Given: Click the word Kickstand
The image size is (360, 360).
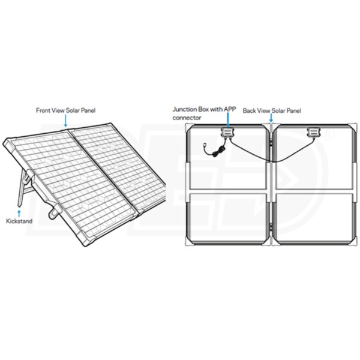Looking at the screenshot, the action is [19, 221].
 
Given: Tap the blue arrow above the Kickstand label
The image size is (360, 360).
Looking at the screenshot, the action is [19, 213].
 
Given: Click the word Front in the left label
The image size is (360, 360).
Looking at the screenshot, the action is [43, 110].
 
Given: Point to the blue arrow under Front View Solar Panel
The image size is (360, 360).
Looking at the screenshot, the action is [65, 121].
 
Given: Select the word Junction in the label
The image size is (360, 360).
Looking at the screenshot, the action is [184, 109].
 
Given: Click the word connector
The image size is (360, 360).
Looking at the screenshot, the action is [187, 118].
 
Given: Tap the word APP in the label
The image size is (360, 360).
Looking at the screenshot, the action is [230, 109].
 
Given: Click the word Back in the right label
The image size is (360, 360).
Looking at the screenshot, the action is [249, 110].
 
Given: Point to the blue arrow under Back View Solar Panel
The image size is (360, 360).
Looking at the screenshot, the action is [271, 118].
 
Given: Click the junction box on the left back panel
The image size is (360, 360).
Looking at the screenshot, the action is [227, 133].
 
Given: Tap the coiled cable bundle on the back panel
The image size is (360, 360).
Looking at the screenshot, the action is [218, 152].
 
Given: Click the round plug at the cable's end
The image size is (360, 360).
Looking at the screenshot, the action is [205, 146].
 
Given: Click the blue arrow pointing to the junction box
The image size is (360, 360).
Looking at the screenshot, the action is [227, 120].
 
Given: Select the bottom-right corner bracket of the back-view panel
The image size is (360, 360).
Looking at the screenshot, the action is [353, 242].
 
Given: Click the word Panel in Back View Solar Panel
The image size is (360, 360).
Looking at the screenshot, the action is [293, 110].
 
